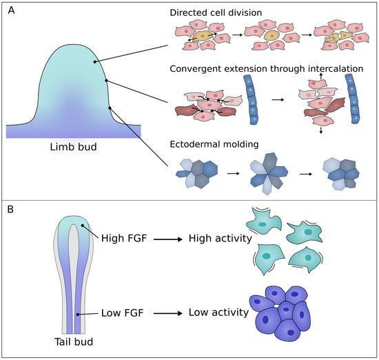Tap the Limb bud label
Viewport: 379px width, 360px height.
point(72,148)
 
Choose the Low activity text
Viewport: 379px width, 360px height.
point(218,313)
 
